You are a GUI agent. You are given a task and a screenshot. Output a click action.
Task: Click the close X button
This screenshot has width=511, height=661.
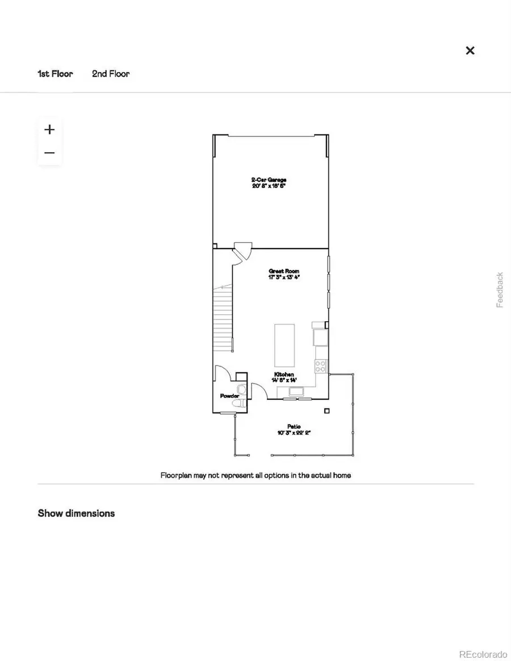tap(470, 50)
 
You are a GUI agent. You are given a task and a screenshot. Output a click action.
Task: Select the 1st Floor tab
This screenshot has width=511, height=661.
tap(55, 74)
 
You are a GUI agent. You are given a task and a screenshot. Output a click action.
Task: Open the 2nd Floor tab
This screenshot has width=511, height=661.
tap(111, 74)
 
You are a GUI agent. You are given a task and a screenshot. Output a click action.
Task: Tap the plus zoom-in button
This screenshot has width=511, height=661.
tap(49, 129)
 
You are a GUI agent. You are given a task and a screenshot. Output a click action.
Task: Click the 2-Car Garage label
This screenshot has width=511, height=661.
tap(269, 183)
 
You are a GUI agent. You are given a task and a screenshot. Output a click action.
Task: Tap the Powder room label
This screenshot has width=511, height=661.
tap(229, 396)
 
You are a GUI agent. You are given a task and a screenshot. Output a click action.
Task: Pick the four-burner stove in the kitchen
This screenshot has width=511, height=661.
tap(321, 366)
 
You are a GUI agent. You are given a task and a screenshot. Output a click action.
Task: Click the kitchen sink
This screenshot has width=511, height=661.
tap(298, 391)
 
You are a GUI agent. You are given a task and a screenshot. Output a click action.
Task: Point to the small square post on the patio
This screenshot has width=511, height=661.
tap(327, 411)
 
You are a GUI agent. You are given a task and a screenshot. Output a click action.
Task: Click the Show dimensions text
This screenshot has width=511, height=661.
tap(76, 513)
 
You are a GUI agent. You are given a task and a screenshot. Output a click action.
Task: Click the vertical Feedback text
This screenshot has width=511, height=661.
tap(500, 290)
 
